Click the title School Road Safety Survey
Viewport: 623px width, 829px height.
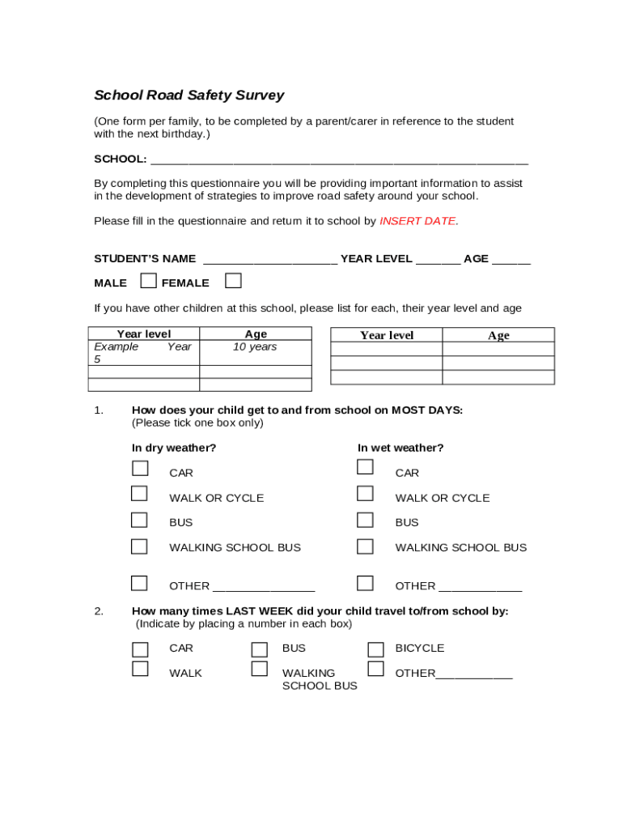[x=189, y=96]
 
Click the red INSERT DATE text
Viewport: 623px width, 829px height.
[x=417, y=221]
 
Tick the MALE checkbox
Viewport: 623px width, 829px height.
[x=148, y=281]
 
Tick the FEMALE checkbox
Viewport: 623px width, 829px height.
[x=233, y=281]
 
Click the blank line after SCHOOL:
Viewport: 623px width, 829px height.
[x=339, y=160]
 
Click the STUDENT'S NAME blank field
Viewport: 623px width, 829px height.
[x=270, y=260]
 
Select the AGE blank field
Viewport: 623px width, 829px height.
[x=511, y=260]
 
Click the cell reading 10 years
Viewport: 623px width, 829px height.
[x=255, y=347]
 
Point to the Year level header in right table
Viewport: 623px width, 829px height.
[x=386, y=335]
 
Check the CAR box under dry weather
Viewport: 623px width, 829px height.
[x=140, y=468]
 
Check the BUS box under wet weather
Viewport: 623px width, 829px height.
[x=365, y=520]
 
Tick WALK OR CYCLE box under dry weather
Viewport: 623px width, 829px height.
[x=140, y=494]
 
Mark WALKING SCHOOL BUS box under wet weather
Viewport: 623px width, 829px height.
[x=365, y=546]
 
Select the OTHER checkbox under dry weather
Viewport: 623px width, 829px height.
[x=140, y=583]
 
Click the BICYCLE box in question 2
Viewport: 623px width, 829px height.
[x=375, y=649]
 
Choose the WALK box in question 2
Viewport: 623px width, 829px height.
[x=140, y=669]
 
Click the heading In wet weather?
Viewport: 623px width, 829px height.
[x=400, y=448]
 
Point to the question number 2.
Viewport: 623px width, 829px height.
[x=98, y=611]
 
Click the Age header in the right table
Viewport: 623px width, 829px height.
[x=498, y=335]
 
